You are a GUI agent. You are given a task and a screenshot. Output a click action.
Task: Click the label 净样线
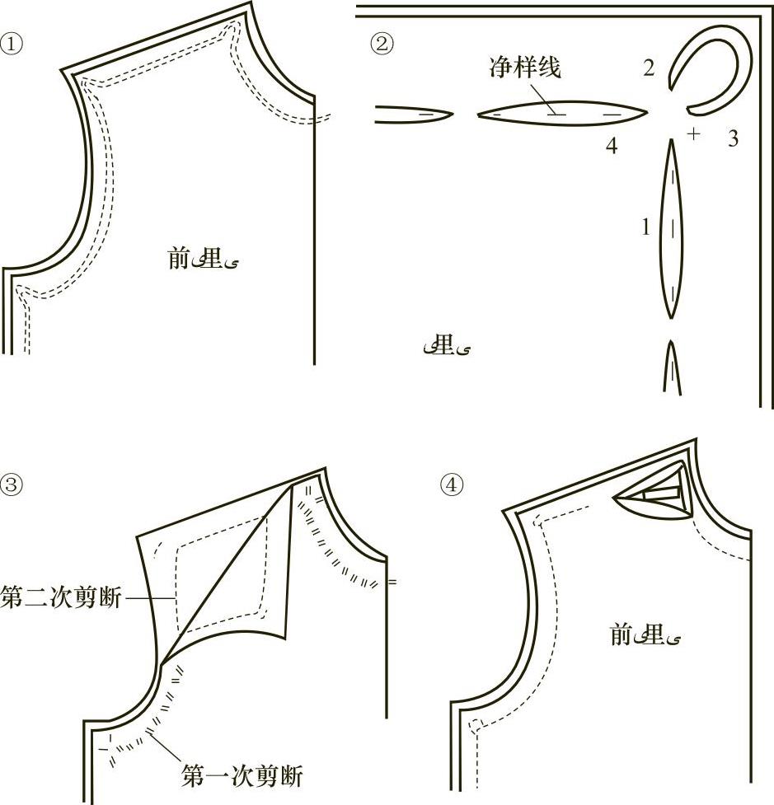[525, 68]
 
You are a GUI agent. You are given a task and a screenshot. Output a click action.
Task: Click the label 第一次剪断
[242, 775]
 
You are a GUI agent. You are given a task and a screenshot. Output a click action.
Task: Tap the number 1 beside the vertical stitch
[646, 227]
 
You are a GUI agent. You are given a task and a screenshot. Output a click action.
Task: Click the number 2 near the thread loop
[649, 69]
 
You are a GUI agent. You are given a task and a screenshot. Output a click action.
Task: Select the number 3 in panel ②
[733, 138]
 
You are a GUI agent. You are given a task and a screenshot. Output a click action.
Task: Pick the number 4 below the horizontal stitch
[611, 147]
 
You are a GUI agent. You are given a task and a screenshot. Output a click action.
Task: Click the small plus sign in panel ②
[694, 133]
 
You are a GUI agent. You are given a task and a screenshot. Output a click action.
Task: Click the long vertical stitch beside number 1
[673, 228]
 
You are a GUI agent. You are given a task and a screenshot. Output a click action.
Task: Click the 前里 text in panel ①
[203, 260]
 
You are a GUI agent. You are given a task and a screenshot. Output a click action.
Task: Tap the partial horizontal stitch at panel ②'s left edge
[412, 114]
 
